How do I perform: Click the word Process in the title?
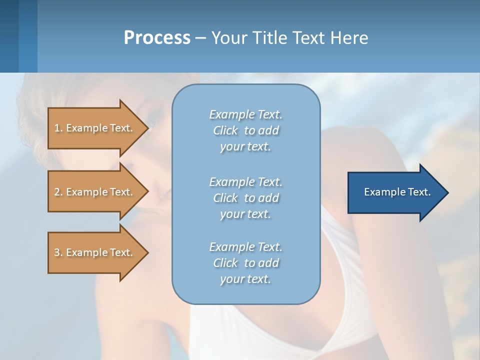coord(157,38)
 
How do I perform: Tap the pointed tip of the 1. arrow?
coord(146,128)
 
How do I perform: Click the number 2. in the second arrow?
coord(58,192)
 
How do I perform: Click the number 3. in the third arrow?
coord(58,252)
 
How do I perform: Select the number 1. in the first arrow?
coord(58,128)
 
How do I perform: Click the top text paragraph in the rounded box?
coord(245,130)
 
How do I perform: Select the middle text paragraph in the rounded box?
coord(245,198)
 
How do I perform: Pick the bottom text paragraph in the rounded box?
coord(245,263)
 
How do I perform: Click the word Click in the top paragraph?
coord(225,130)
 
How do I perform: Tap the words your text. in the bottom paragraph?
coord(245,279)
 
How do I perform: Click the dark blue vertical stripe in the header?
coord(9,36)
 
